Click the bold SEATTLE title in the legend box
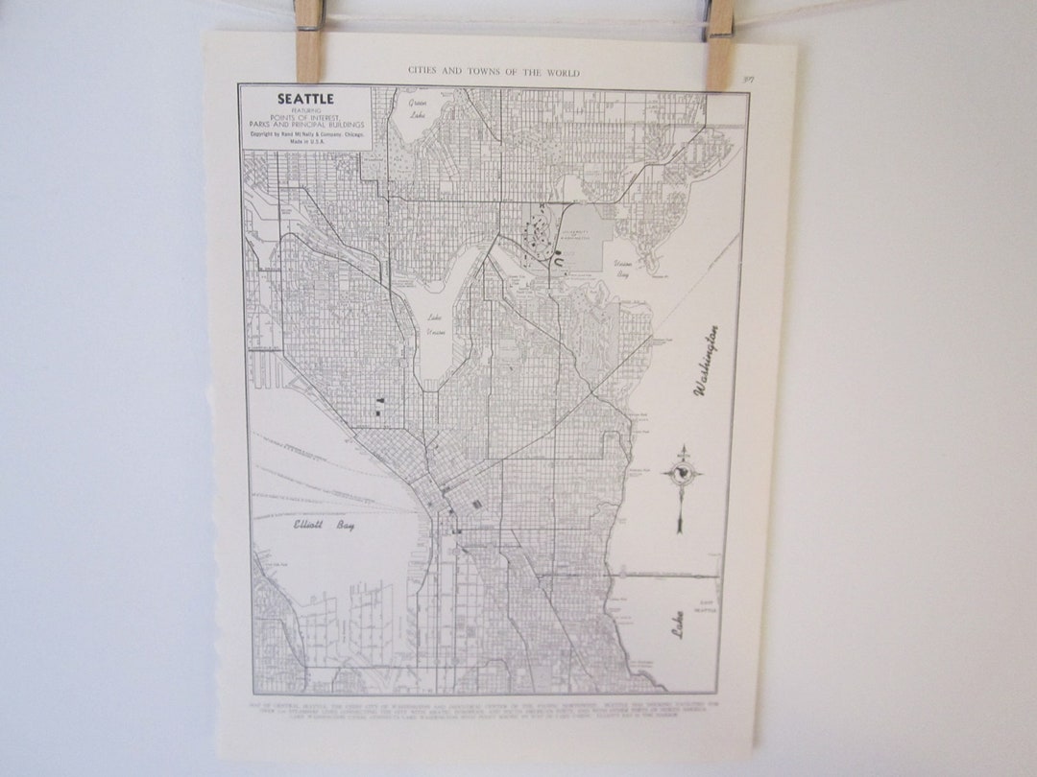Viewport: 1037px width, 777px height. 305,98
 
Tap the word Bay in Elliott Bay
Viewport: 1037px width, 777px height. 345,526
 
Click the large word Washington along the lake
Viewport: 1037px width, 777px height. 708,361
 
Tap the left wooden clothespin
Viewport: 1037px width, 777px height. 308,40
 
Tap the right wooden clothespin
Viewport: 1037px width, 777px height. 721,43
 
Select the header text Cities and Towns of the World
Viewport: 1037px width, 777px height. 494,71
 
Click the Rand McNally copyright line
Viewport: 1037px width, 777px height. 305,134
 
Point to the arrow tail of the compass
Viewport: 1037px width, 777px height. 680,523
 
